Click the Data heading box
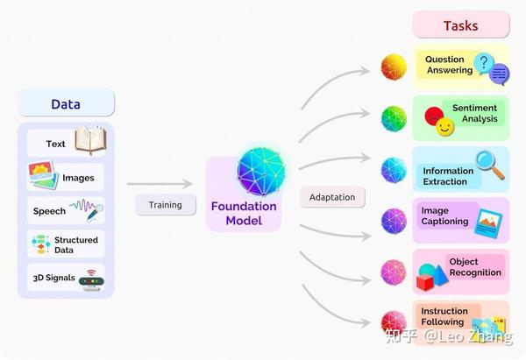(66, 104)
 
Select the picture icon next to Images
(44, 175)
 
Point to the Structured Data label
(76, 244)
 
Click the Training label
(165, 205)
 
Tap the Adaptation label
(332, 197)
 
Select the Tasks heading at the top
(460, 25)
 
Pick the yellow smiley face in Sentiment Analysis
(444, 129)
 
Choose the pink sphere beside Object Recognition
(394, 272)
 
